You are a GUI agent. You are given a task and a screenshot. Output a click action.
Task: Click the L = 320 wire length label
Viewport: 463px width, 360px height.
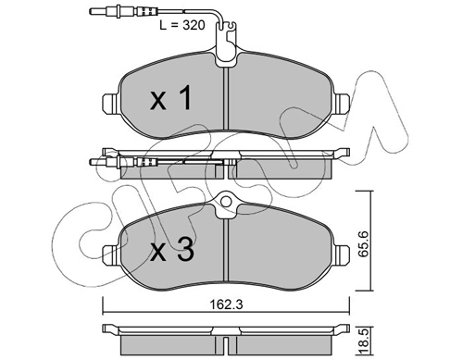coord(182,25)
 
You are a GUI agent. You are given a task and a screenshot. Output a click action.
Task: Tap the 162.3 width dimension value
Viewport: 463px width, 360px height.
coord(226,304)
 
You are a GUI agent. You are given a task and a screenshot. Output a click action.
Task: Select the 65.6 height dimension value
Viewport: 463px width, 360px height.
coord(364,244)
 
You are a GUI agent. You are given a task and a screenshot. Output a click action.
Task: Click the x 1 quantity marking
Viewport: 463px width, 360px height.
coord(171,98)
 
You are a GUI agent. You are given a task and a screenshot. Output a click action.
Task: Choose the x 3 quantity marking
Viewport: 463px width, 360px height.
coord(172,250)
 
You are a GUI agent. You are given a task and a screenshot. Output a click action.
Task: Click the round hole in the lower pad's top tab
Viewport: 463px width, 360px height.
coord(226,202)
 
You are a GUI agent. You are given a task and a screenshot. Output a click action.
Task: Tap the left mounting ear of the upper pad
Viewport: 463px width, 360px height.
coord(110,102)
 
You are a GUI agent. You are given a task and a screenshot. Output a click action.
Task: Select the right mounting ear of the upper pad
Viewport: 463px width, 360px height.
coord(342,102)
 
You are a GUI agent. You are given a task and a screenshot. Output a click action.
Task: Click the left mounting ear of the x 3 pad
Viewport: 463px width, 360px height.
coord(110,254)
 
